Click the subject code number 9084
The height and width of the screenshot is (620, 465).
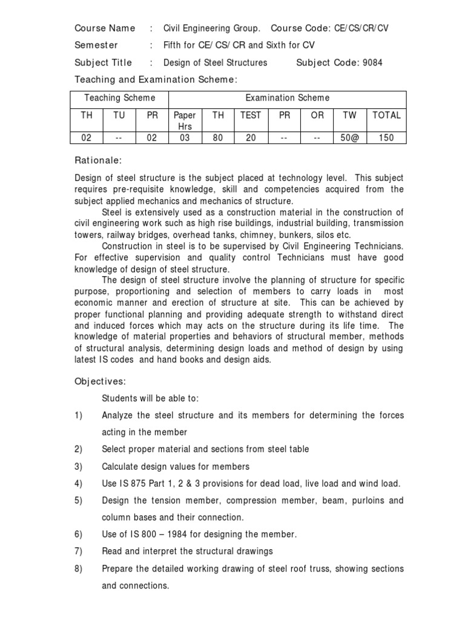click(372, 62)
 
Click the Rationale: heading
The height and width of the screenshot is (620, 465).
click(98, 160)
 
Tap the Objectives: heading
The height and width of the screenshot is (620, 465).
click(100, 381)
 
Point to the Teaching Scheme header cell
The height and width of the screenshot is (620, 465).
click(119, 97)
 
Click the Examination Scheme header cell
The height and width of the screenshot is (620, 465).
click(287, 97)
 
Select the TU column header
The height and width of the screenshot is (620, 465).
click(119, 115)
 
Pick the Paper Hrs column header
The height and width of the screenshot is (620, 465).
click(185, 120)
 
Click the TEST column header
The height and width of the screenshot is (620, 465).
click(251, 115)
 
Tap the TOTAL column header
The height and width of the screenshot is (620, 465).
click(386, 115)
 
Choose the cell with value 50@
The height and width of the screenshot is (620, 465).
click(349, 137)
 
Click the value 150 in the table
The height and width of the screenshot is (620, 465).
click(386, 137)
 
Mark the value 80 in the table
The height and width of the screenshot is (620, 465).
click(218, 137)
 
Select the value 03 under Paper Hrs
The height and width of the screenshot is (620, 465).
click(185, 137)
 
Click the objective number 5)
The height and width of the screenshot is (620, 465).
click(78, 501)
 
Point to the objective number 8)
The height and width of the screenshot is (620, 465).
click(78, 569)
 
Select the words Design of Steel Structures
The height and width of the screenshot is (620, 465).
click(215, 62)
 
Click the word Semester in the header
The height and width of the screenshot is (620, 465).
click(96, 45)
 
